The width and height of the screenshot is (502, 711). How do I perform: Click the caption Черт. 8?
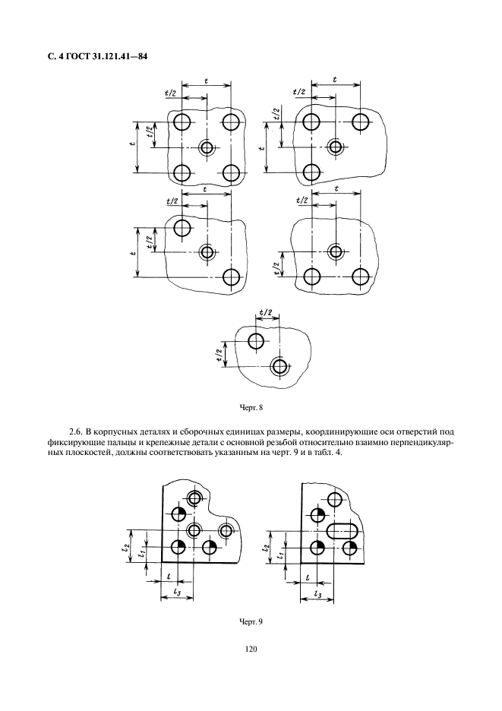pos(251,407)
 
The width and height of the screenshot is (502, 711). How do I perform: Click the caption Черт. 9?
pos(251,621)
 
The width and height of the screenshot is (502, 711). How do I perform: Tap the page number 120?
pos(251,649)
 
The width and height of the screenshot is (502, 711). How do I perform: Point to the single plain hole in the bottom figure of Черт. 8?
pos(256,341)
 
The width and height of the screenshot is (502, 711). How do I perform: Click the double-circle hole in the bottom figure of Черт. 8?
pos(279,366)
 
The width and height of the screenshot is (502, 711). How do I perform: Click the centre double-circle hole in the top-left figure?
pos(207,147)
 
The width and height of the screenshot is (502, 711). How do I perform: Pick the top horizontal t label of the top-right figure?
pos(335,80)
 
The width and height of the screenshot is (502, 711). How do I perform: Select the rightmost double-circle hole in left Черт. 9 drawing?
pos(226,529)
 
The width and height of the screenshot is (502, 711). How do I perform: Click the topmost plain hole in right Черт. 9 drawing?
pos(335,499)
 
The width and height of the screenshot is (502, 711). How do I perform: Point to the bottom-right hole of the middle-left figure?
pos(232,276)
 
